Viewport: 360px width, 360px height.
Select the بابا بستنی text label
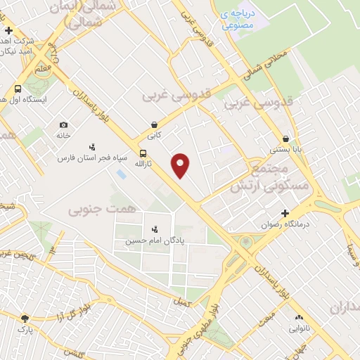[287, 150]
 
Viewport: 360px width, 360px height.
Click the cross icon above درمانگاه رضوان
[285, 213]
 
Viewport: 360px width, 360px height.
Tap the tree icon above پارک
[25, 318]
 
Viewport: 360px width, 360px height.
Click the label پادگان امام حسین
[154, 240]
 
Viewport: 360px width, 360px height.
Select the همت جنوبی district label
[94, 210]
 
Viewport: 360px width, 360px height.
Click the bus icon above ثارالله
[143, 153]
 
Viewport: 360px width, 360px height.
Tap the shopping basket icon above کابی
[153, 124]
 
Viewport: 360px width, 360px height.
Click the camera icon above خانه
[63, 124]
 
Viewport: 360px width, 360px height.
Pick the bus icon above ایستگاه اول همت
[18, 89]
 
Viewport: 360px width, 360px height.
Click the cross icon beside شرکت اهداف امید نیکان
[8, 30]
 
